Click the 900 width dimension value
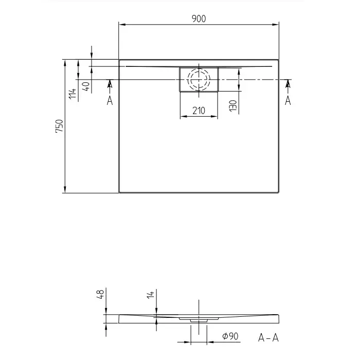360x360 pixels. click(199, 19)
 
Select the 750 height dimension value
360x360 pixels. click(59, 126)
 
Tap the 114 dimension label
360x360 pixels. click(73, 94)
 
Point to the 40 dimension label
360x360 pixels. click(86, 86)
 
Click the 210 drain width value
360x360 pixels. click(199, 111)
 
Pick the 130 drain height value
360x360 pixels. click(233, 105)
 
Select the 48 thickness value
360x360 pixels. click(101, 294)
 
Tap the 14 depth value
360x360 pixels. click(150, 295)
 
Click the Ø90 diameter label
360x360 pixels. click(230, 336)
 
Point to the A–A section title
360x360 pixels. click(268, 338)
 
